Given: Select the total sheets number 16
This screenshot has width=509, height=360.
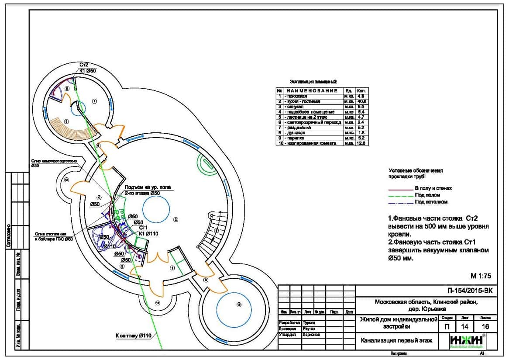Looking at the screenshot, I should click(x=485, y=326).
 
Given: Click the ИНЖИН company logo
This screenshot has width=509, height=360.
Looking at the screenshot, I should click(x=467, y=341).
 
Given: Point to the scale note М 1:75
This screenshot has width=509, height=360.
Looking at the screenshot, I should click(x=481, y=276).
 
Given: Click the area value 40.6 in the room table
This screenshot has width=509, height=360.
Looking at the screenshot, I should click(x=361, y=101).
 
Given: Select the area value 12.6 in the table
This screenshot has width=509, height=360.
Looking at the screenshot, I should click(x=361, y=143).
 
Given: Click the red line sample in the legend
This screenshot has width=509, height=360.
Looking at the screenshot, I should click(x=400, y=189).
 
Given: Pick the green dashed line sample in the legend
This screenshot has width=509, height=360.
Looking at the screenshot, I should click(x=400, y=195).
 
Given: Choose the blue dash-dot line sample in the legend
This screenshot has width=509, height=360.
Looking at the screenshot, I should click(x=400, y=202).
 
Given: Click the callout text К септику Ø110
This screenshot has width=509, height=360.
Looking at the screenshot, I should click(x=133, y=336).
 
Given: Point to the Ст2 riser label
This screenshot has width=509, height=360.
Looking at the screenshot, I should click(x=84, y=65).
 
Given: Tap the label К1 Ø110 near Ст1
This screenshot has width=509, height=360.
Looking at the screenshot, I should click(x=148, y=234).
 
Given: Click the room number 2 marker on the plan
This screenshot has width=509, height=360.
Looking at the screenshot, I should click(x=176, y=219).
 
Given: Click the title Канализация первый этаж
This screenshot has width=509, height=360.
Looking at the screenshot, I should click(x=396, y=340).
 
